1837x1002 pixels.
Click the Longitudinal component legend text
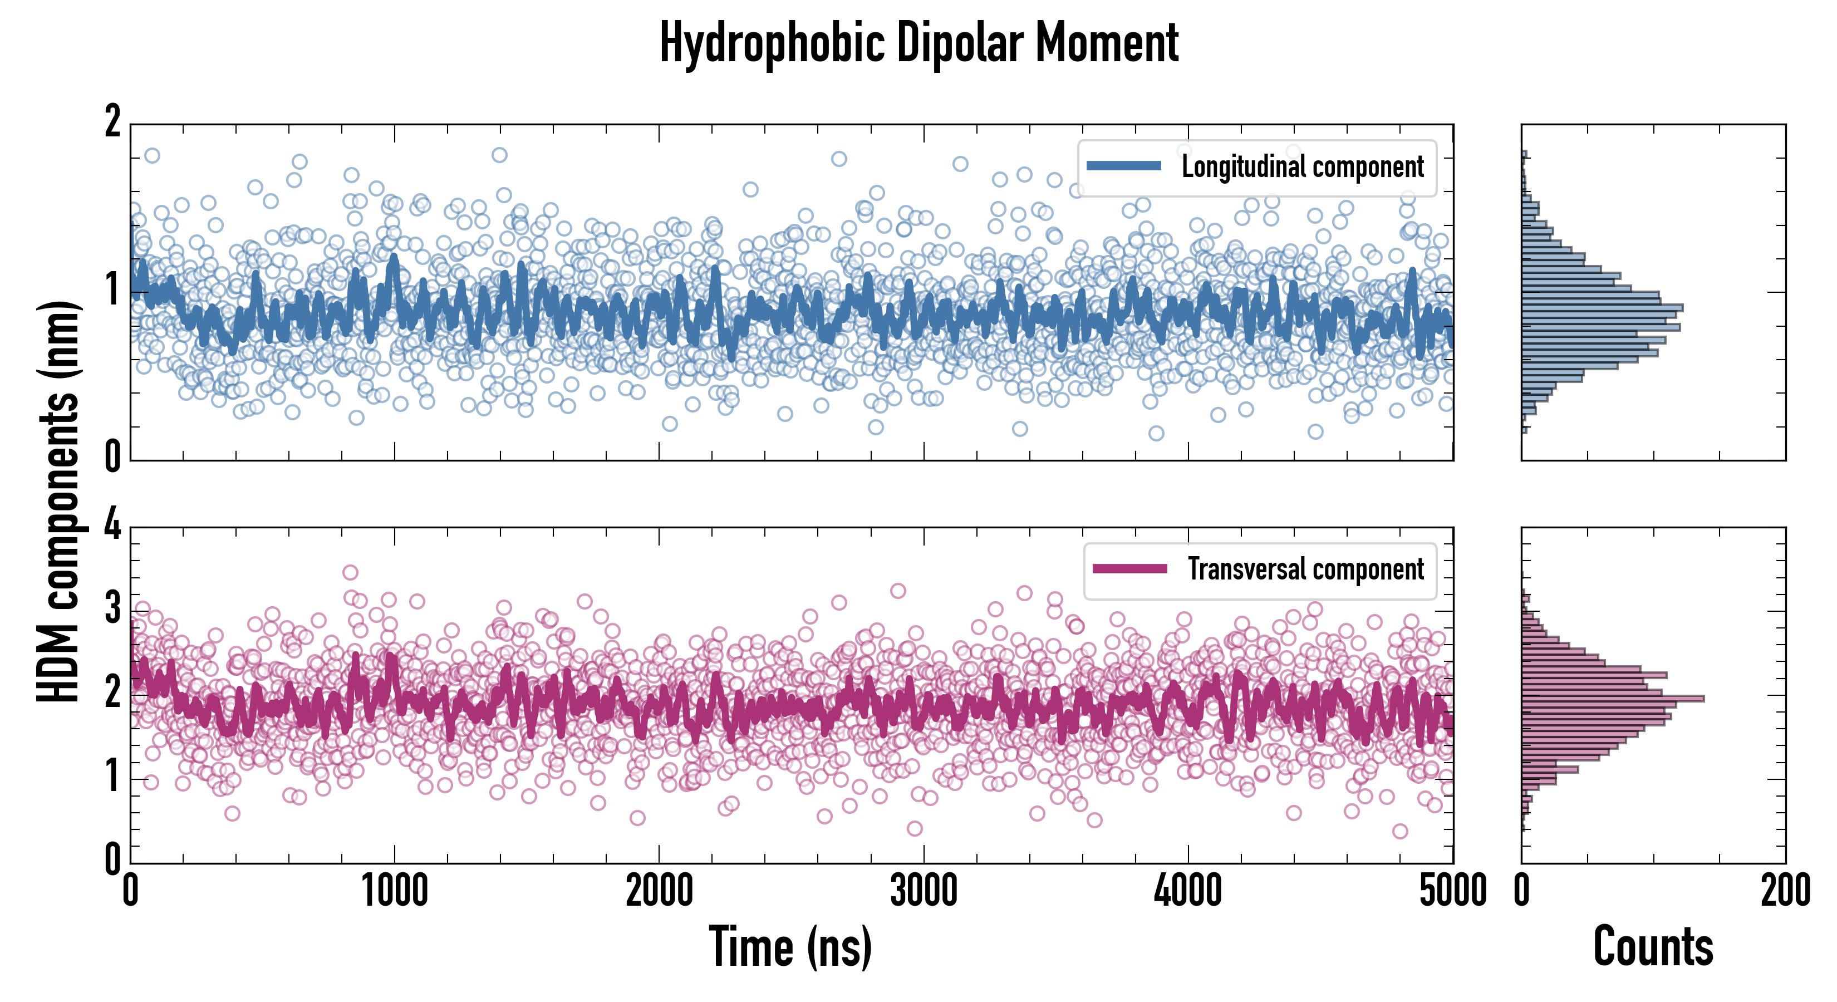pos(1302,167)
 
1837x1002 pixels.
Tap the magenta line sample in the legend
pos(1129,568)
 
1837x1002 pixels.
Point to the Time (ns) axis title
pos(790,947)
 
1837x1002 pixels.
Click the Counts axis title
pos(1653,947)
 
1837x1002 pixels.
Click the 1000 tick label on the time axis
pos(394,891)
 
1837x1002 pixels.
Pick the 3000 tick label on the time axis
pos(924,891)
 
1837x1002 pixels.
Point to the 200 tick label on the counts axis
pos(1785,891)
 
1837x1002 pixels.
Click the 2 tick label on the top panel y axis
pos(112,122)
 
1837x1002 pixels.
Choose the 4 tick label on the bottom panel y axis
pos(112,526)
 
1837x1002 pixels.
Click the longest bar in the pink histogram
pos(1612,698)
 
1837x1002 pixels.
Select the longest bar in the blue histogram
pos(1602,308)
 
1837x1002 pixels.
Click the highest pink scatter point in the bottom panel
pos(350,572)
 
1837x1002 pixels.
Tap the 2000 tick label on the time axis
pos(659,891)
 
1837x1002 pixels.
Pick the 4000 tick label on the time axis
pos(1188,891)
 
